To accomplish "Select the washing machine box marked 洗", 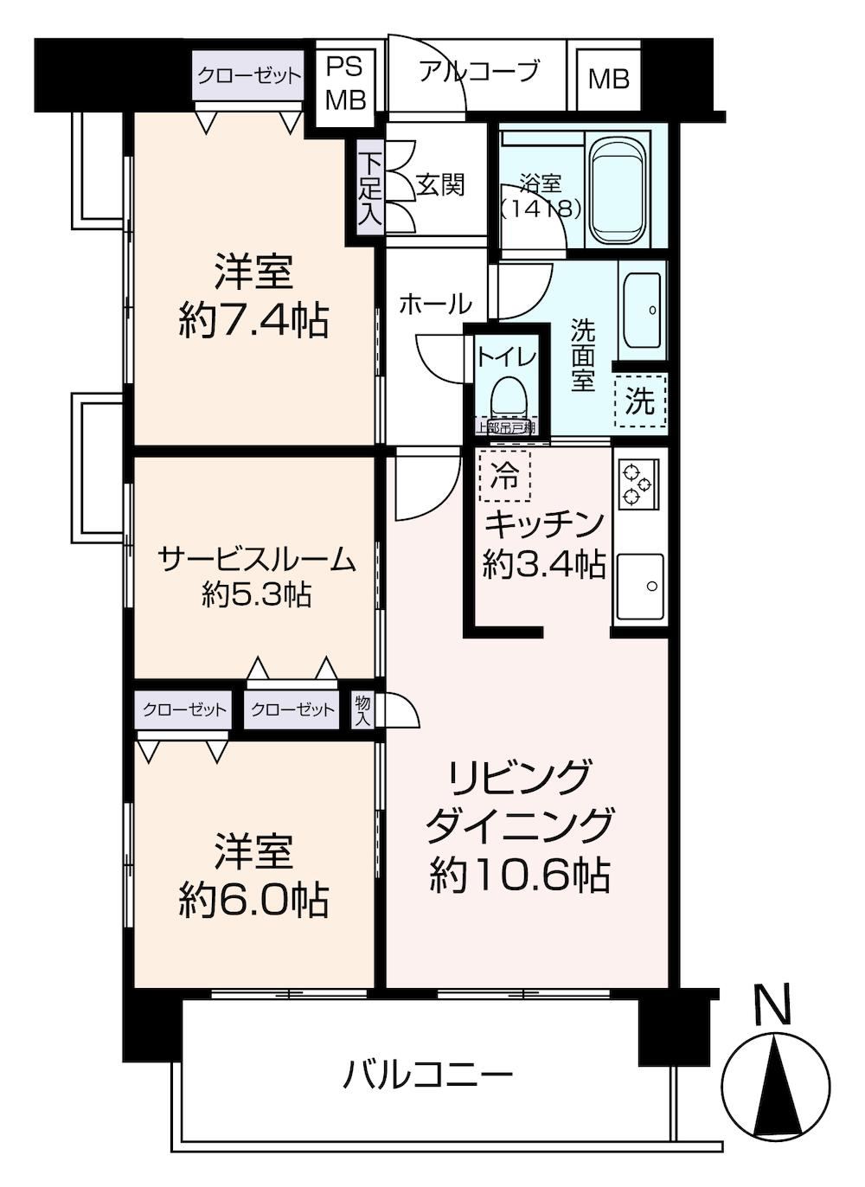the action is [640, 401].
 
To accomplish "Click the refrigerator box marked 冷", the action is [503, 475].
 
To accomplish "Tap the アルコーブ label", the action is [479, 72].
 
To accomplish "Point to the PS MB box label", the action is [346, 83].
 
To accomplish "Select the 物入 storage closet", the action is [363, 710].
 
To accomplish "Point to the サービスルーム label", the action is [258, 561].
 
